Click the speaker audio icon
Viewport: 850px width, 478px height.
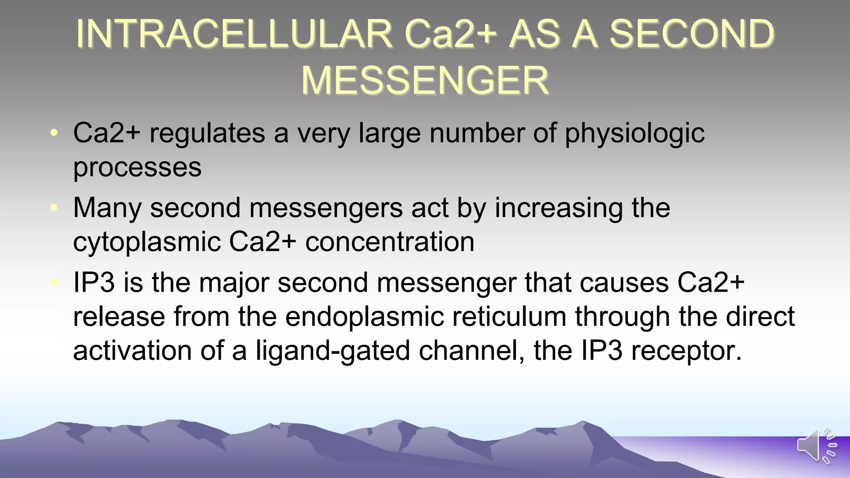[816, 445]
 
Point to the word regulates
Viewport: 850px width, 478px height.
[207, 134]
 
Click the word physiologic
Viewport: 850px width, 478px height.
[635, 134]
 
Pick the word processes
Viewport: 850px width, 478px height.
[137, 167]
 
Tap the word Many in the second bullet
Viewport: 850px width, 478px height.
[107, 208]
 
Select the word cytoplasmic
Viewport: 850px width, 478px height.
[147, 242]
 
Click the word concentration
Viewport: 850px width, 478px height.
[390, 242]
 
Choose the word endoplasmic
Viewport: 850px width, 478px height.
[364, 317]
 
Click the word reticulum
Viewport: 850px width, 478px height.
[509, 317]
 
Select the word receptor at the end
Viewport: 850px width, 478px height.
[686, 351]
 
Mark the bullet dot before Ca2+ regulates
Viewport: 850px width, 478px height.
[54, 133]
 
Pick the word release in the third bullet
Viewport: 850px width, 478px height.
[119, 317]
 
